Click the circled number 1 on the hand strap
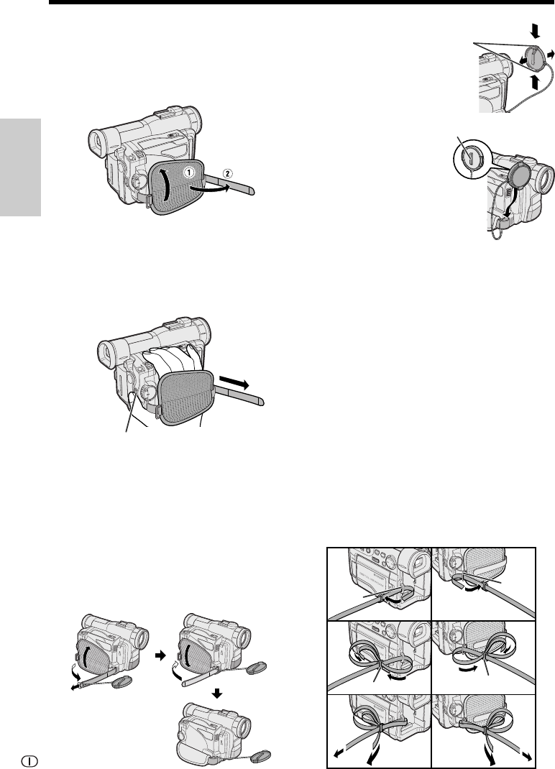coord(189,172)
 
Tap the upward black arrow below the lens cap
coord(535,81)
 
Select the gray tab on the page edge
coord(20,167)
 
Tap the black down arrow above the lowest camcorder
coord(217,694)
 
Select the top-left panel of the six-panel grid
coord(380,584)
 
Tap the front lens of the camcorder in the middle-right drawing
coord(546,178)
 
